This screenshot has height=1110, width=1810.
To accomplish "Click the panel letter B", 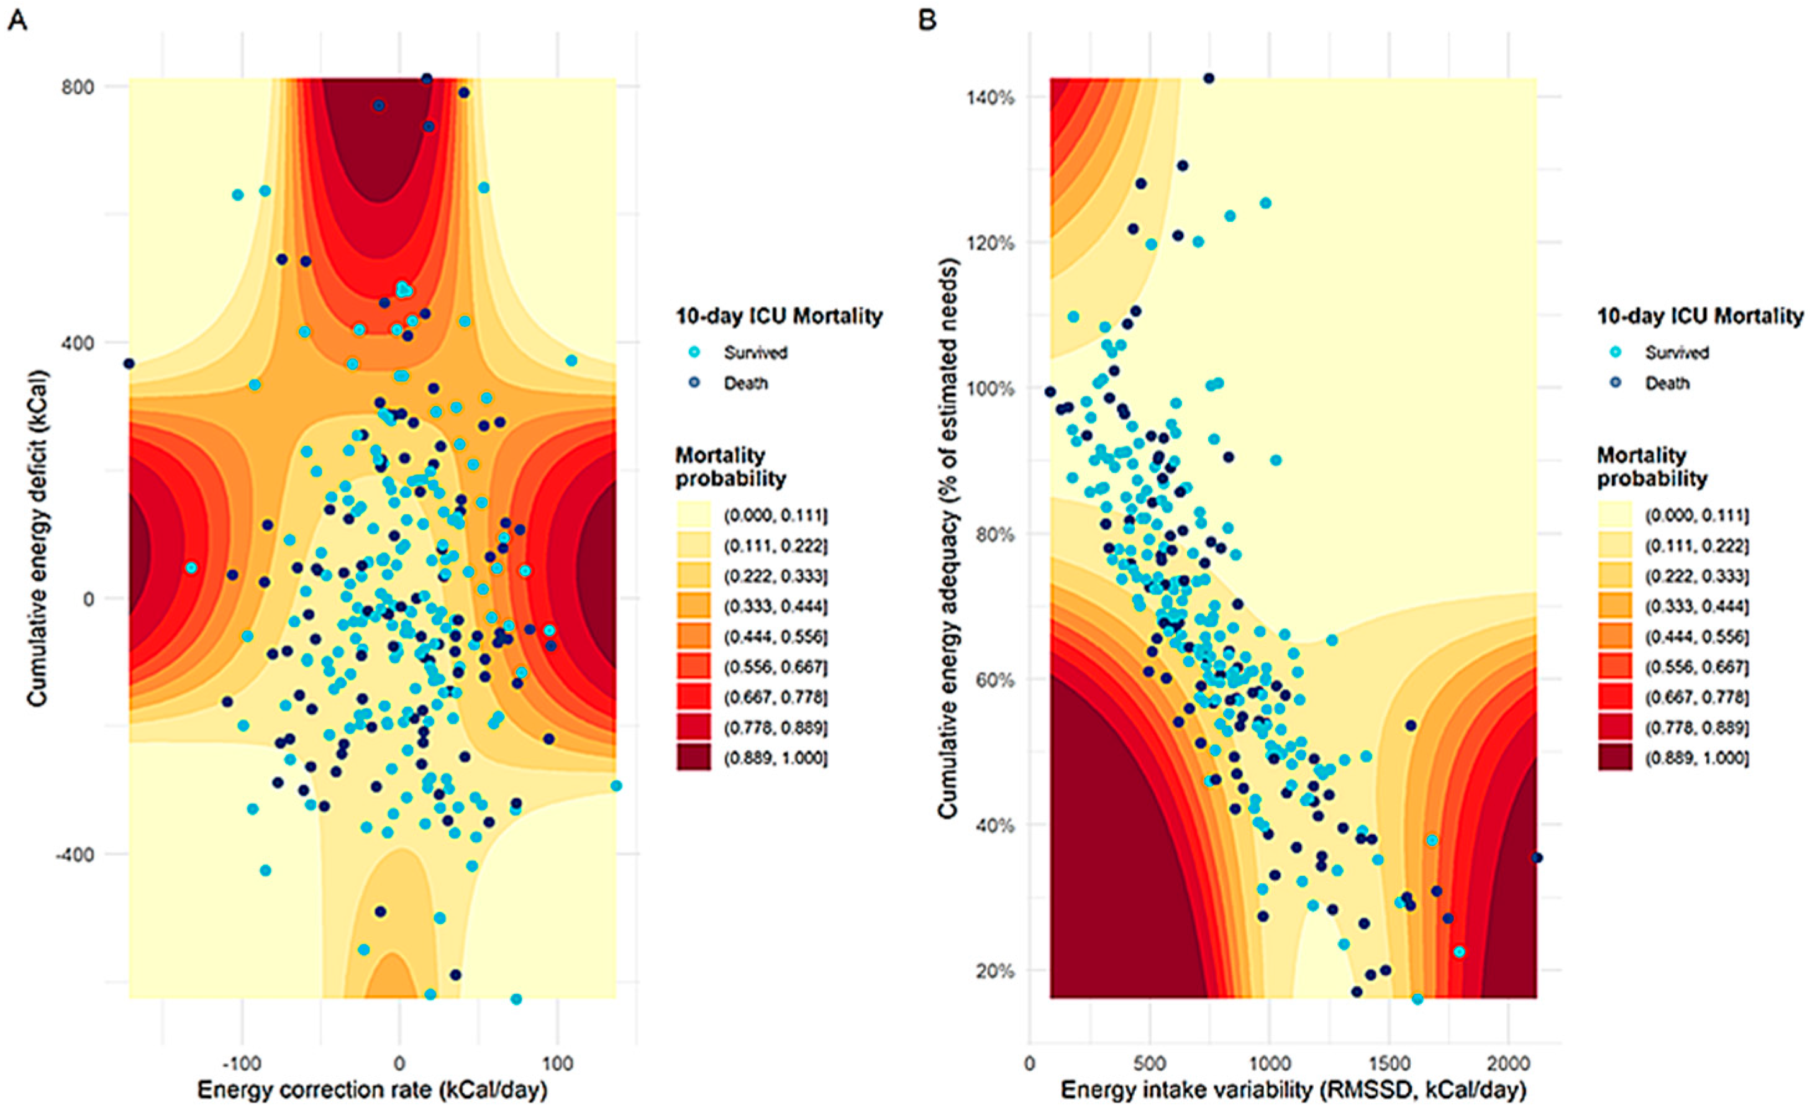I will tap(928, 20).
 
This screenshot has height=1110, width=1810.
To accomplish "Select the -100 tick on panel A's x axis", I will tap(242, 1062).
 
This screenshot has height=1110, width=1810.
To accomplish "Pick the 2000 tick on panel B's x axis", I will tap(1508, 1062).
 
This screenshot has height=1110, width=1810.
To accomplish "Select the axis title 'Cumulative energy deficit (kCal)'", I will tap(37, 539).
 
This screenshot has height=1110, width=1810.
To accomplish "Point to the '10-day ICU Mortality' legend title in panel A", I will tap(779, 316).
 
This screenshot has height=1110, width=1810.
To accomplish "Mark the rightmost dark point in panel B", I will tap(1537, 857).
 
